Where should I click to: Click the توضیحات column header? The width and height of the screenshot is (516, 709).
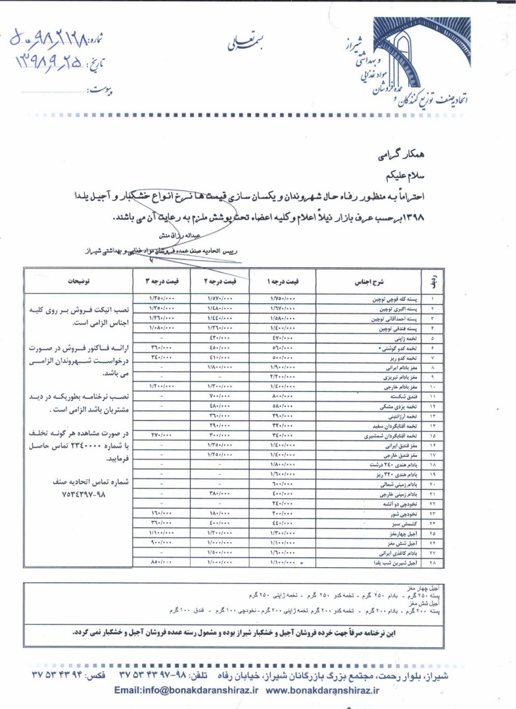[78, 281]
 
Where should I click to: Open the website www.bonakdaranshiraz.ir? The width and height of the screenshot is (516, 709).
[323, 690]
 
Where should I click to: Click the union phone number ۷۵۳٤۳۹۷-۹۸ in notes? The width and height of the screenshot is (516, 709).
[78, 493]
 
